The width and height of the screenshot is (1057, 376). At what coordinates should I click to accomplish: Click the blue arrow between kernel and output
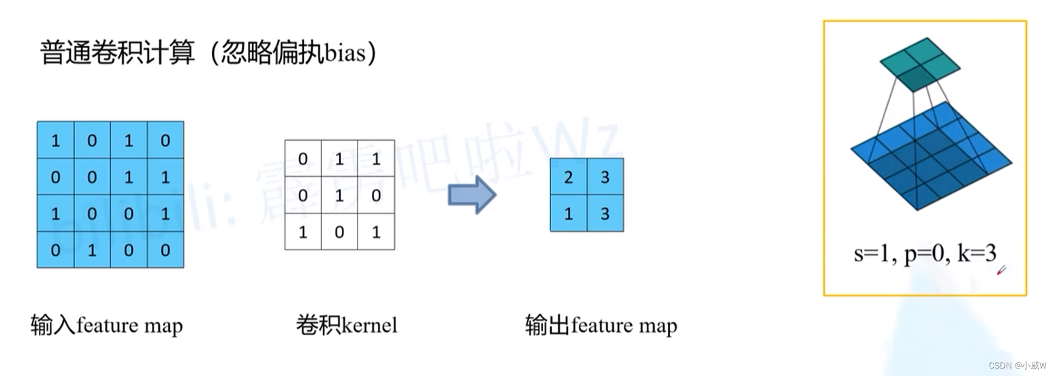click(x=471, y=195)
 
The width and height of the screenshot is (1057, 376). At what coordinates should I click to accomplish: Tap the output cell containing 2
click(x=569, y=177)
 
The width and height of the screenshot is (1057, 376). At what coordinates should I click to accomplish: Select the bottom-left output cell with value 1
click(x=569, y=213)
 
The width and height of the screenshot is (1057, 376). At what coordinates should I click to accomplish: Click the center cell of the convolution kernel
click(x=339, y=195)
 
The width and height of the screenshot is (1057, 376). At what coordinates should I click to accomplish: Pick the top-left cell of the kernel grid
click(x=303, y=158)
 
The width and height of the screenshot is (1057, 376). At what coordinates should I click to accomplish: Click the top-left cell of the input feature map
click(x=55, y=140)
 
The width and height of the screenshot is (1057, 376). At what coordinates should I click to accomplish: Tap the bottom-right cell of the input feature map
click(x=165, y=250)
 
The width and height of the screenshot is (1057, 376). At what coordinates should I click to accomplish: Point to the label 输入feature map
click(x=107, y=326)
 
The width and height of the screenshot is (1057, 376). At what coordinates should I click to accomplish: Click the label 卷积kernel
click(x=346, y=325)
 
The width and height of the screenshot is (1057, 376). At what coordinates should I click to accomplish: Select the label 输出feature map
click(x=601, y=326)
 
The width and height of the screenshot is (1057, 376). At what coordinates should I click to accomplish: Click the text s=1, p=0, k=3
click(x=924, y=254)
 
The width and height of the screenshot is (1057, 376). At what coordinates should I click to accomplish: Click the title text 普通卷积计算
click(x=118, y=53)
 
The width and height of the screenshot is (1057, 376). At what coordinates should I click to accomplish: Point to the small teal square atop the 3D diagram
click(x=920, y=63)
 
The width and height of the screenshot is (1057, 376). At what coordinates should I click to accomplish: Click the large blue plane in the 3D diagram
click(x=930, y=157)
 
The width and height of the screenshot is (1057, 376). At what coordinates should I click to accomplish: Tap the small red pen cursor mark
click(x=1001, y=271)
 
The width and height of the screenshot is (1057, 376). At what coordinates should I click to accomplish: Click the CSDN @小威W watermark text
click(x=1018, y=365)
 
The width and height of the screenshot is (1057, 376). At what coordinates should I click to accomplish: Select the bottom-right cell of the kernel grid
click(x=376, y=232)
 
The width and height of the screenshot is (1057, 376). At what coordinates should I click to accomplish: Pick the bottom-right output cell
click(x=605, y=213)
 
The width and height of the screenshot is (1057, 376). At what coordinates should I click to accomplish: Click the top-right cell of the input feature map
click(x=165, y=140)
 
